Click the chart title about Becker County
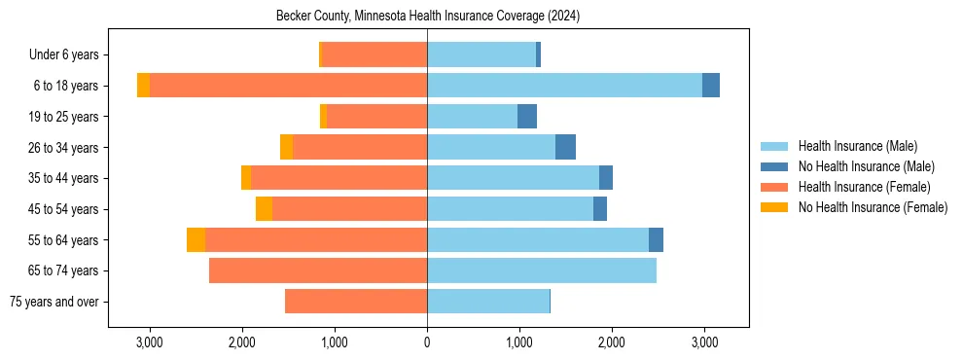pyautogui.click(x=428, y=17)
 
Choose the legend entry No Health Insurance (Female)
pyautogui.click(x=873, y=207)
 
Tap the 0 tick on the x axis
pyautogui.click(x=427, y=342)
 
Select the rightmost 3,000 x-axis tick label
pyautogui.click(x=704, y=342)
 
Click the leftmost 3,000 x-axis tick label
pyautogui.click(x=149, y=342)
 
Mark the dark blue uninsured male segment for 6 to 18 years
pyautogui.click(x=711, y=86)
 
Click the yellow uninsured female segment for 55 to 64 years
pyautogui.click(x=196, y=239)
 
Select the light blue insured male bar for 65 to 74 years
pyautogui.click(x=542, y=270)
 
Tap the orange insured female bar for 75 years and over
pyautogui.click(x=356, y=302)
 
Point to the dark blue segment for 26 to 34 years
pyautogui.click(x=565, y=147)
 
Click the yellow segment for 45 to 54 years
pyautogui.click(x=264, y=209)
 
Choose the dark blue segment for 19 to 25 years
pyautogui.click(x=527, y=117)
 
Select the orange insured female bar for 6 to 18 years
pyautogui.click(x=288, y=86)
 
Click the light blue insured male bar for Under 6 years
pyautogui.click(x=481, y=55)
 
